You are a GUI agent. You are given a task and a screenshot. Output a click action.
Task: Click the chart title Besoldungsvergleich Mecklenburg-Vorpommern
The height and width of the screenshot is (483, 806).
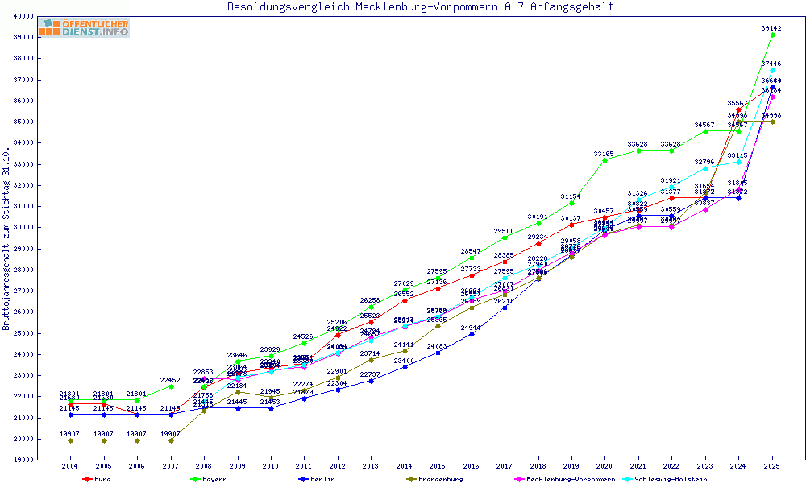click(x=420, y=7)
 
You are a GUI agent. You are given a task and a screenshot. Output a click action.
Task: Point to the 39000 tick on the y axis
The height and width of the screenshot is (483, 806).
click(x=45, y=37)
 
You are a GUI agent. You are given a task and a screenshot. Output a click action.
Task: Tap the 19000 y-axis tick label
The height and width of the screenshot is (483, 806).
click(x=45, y=460)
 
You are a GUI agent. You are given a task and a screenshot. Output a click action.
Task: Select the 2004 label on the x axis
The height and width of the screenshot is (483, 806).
click(x=70, y=467)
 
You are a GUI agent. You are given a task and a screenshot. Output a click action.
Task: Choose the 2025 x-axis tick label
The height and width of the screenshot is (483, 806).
click(x=771, y=467)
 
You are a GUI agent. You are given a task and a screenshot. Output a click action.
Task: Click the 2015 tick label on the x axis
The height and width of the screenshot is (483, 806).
click(x=438, y=467)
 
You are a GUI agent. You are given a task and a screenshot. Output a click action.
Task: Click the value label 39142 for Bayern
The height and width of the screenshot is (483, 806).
click(x=771, y=28)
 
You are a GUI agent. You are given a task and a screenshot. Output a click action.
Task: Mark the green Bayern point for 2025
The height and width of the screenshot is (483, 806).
click(x=772, y=35)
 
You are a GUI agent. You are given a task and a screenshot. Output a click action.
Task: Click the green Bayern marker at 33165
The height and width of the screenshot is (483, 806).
click(x=604, y=160)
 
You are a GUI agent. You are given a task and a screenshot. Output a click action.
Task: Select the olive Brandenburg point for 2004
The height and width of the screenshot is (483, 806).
click(x=71, y=440)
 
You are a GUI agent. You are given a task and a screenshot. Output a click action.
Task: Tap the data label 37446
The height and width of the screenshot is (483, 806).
click(x=771, y=64)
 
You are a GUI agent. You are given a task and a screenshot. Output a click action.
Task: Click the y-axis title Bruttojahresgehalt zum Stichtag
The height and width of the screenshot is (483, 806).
click(x=6, y=239)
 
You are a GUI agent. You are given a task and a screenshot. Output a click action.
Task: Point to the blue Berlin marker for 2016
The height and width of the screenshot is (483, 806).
click(x=472, y=333)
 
